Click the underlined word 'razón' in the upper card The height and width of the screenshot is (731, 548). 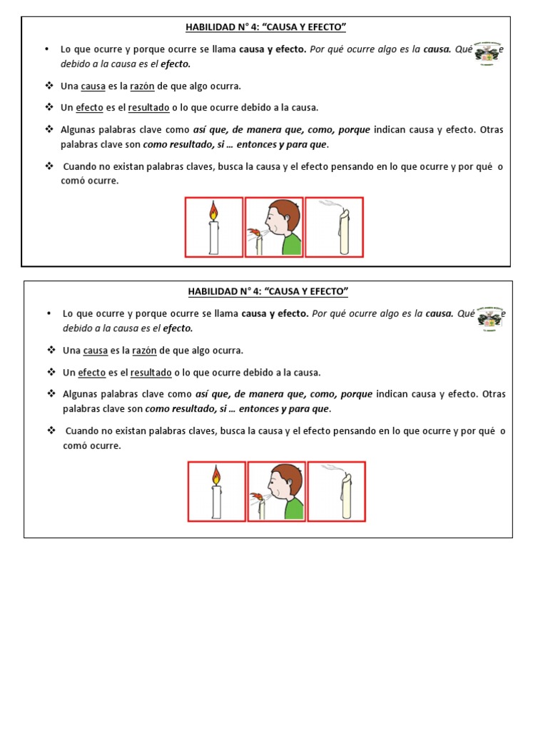(141, 86)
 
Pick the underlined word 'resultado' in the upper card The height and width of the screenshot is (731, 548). (148, 108)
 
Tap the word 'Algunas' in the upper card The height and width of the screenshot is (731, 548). (80, 130)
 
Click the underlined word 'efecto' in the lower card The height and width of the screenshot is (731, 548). (92, 373)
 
